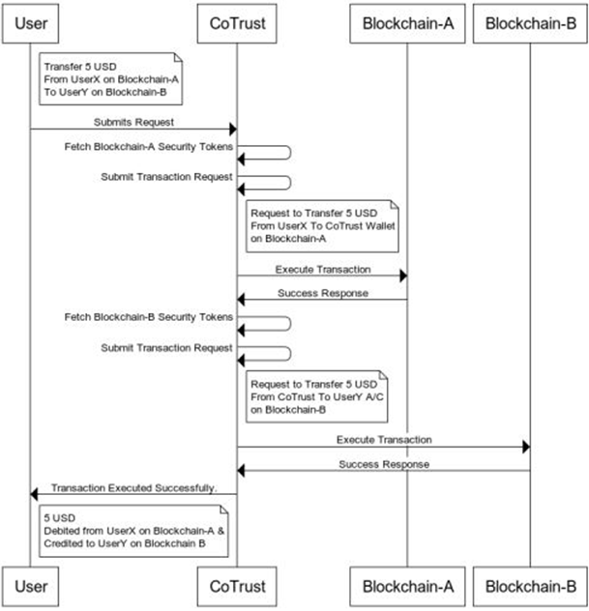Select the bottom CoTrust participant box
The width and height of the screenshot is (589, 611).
pyautogui.click(x=237, y=585)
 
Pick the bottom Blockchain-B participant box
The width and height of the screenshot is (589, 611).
pyautogui.click(x=530, y=585)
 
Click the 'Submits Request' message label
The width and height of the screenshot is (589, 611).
pyautogui.click(x=133, y=123)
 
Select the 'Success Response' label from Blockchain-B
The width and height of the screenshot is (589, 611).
pyautogui.click(x=384, y=463)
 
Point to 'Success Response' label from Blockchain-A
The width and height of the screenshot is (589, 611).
pyautogui.click(x=322, y=293)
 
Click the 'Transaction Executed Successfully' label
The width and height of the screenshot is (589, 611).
pyautogui.click(x=133, y=488)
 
